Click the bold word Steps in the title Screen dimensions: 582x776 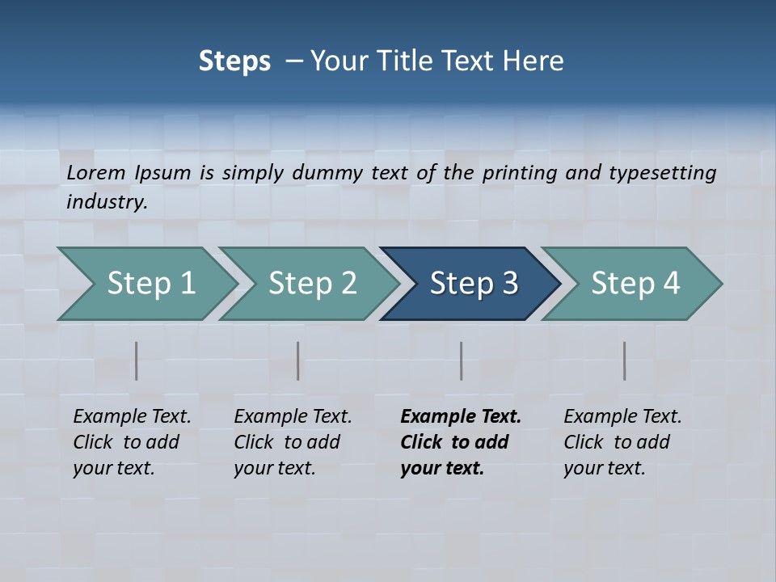pos(234,61)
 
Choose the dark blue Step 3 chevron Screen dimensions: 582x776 pos(474,284)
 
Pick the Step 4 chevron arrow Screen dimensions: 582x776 pos(635,284)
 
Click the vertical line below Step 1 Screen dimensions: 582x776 pos(137,361)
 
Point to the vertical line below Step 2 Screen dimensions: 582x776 pos(298,361)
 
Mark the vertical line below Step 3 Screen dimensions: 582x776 pos(462,361)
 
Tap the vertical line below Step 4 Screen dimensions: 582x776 pos(625,361)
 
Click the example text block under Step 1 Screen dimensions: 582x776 pos(132,442)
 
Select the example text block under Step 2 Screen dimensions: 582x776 pos(293,442)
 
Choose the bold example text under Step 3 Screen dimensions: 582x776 pos(460,442)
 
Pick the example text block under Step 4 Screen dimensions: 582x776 pos(622,442)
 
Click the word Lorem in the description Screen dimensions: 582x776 pos(96,173)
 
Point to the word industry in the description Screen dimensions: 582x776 pos(107,202)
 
